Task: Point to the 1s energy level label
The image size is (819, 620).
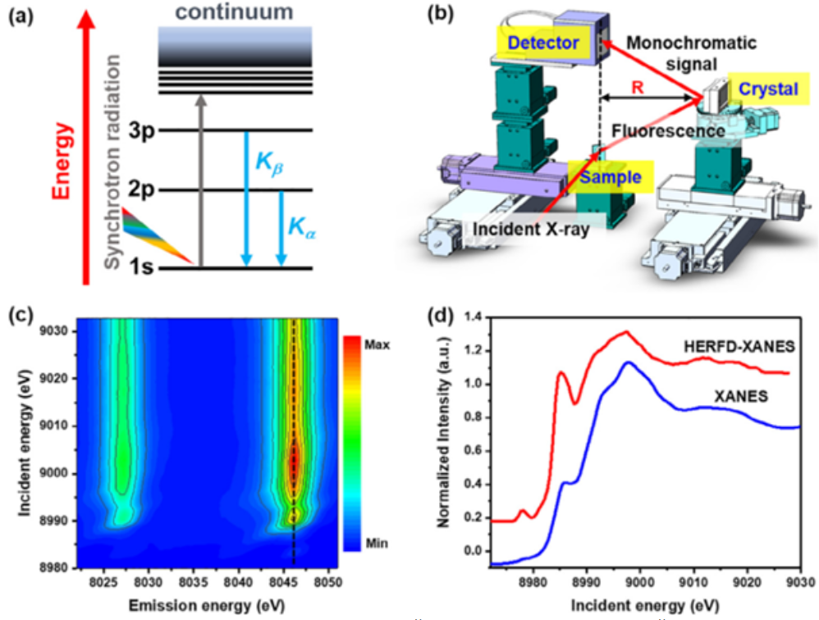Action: pyautogui.click(x=144, y=267)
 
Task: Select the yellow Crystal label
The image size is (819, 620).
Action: pyautogui.click(x=766, y=89)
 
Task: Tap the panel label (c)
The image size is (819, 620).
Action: pyautogui.click(x=17, y=316)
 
